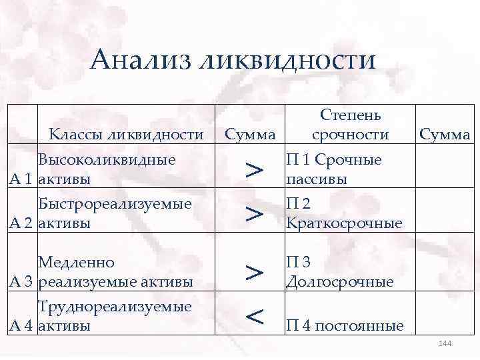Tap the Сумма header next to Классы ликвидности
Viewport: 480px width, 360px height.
coord(250,135)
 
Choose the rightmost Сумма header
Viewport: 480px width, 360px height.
coord(444,135)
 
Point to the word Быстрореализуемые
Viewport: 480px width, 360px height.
coord(115,204)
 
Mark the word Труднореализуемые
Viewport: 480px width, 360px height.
coord(115,307)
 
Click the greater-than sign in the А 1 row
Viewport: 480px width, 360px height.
coord(253,170)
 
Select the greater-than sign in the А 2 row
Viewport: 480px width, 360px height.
coord(253,214)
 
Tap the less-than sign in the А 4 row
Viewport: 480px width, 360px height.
coord(253,317)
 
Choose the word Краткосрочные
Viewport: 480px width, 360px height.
coord(344,223)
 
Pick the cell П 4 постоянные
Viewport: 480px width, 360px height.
coord(345,326)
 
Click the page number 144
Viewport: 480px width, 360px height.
coord(445,343)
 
